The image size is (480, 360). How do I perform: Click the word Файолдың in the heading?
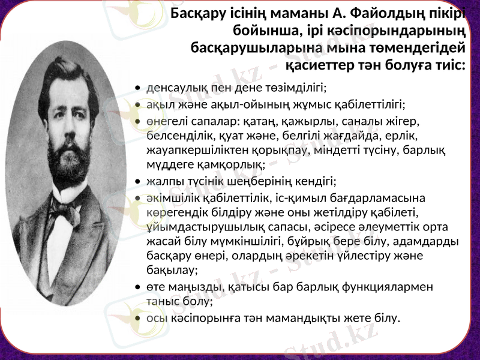pyautogui.click(x=386, y=14)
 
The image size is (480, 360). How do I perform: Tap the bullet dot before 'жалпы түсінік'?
pyautogui.click(x=139, y=182)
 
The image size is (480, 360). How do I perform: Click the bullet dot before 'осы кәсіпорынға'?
pyautogui.click(x=139, y=318)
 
